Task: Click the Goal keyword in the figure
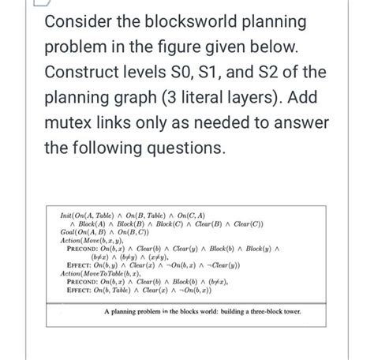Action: click(69, 232)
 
